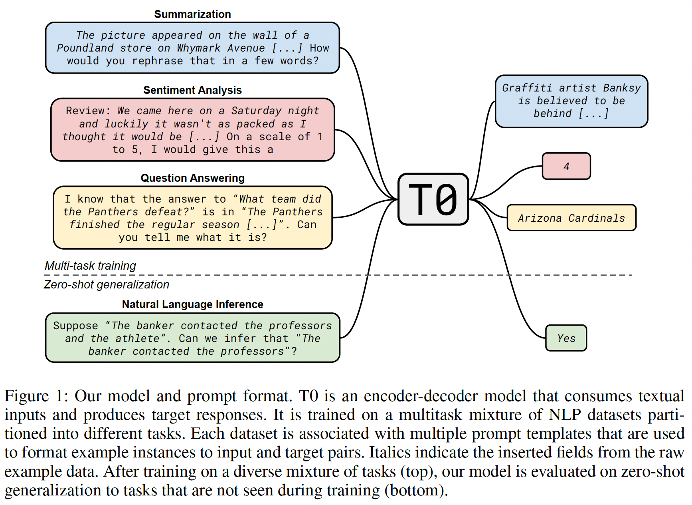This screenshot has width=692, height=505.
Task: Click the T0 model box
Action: coord(433,199)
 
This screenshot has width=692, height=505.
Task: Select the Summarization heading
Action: coord(192,14)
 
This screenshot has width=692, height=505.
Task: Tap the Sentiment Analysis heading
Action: coord(192,90)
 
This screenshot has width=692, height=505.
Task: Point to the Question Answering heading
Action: coord(192,178)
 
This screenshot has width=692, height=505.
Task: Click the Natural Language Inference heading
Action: coord(192,304)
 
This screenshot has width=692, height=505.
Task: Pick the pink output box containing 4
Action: coord(566,166)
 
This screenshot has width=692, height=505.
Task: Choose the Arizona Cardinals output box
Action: coord(571,218)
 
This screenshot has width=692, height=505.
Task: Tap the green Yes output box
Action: coord(566,338)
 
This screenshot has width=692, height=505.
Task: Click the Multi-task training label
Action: coord(90,266)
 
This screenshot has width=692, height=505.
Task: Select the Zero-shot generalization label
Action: coord(106,284)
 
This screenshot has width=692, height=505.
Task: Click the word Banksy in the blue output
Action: coord(622,88)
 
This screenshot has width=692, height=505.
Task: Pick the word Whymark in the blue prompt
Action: coord(198,48)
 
